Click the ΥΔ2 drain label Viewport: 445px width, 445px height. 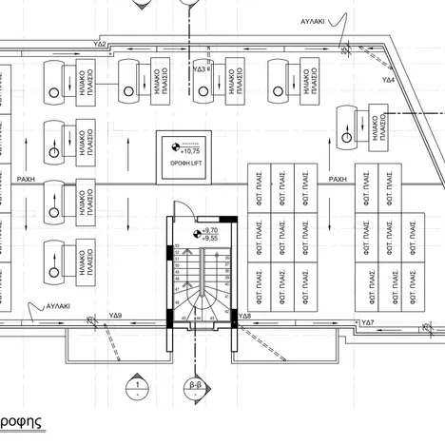pos(100,45)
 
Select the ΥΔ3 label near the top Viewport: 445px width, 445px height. pos(201,69)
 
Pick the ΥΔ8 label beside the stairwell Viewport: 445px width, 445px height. pos(244,315)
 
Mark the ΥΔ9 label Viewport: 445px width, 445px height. pos(115,314)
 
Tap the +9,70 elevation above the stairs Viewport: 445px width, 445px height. pos(210,230)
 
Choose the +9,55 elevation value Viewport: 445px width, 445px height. pos(210,239)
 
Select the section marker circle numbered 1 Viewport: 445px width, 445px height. pos(138,387)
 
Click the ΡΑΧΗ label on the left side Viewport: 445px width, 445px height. pos(25,178)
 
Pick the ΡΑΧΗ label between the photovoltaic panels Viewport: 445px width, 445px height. pos(338,178)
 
